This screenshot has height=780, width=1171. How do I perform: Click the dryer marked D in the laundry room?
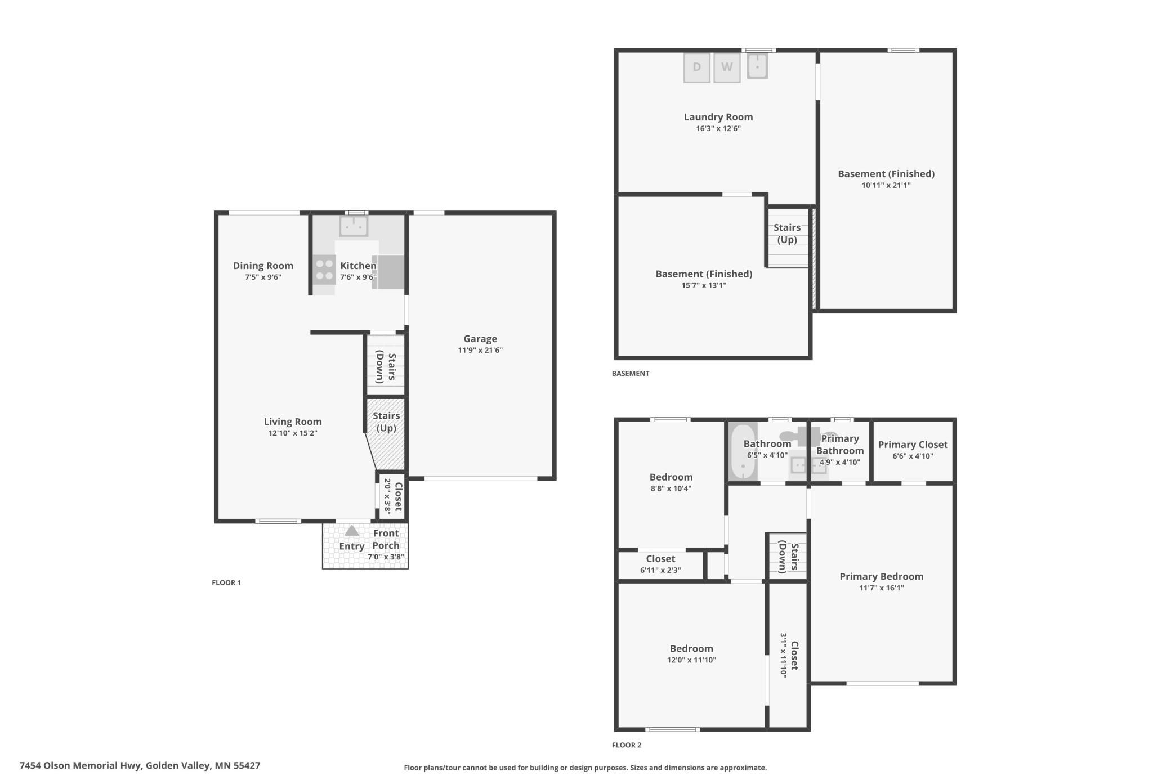[696, 68]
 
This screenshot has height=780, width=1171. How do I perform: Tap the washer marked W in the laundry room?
[727, 68]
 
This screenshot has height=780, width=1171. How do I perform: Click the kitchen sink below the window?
[354, 226]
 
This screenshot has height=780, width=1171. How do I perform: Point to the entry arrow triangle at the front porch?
[352, 530]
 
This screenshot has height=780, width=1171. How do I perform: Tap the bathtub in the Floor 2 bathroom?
[743, 452]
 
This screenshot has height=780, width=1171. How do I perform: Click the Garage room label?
[480, 339]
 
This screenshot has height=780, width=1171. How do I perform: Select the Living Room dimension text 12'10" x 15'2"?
[293, 433]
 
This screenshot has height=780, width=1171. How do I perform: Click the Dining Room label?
[263, 266]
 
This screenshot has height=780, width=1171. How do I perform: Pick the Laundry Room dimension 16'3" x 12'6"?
[718, 129]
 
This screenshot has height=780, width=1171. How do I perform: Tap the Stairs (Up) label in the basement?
[787, 234]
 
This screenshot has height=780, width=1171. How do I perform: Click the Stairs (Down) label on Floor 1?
[386, 367]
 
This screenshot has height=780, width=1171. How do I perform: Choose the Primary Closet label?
[913, 445]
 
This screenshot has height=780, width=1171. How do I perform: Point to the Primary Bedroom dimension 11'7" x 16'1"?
[882, 588]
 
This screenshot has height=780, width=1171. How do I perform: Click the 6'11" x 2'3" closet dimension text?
[660, 570]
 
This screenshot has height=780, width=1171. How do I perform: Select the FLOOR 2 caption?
[627, 745]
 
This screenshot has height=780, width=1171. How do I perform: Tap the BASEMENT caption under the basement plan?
[631, 373]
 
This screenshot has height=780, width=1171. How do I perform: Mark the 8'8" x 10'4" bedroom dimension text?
[671, 488]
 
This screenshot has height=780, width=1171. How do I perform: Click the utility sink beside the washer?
[757, 66]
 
